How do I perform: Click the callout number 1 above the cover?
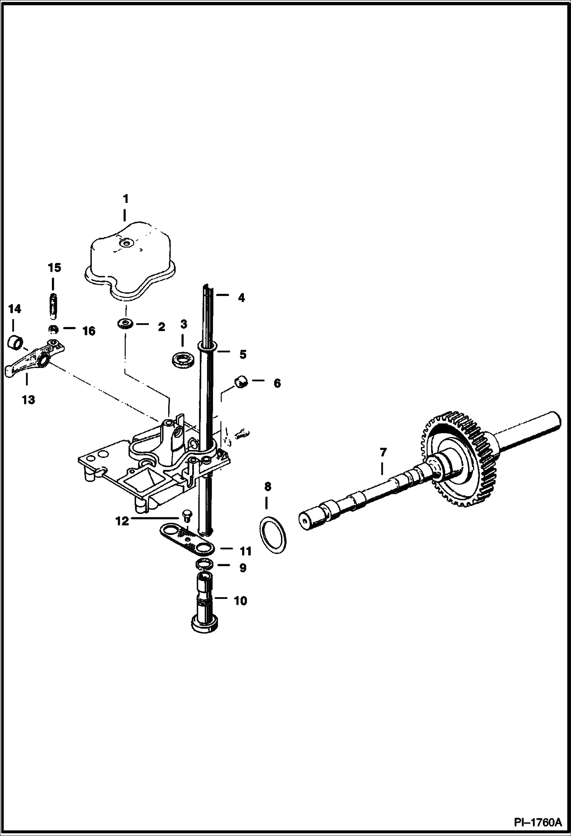click(125, 199)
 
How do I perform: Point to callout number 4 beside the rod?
click(241, 298)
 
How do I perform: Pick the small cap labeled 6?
click(241, 381)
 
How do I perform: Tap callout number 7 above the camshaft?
click(383, 453)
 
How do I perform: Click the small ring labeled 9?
click(205, 564)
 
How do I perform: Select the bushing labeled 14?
click(16, 341)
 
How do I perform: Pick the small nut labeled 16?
click(53, 329)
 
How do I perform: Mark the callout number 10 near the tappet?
click(240, 601)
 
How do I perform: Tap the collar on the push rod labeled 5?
click(207, 346)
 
